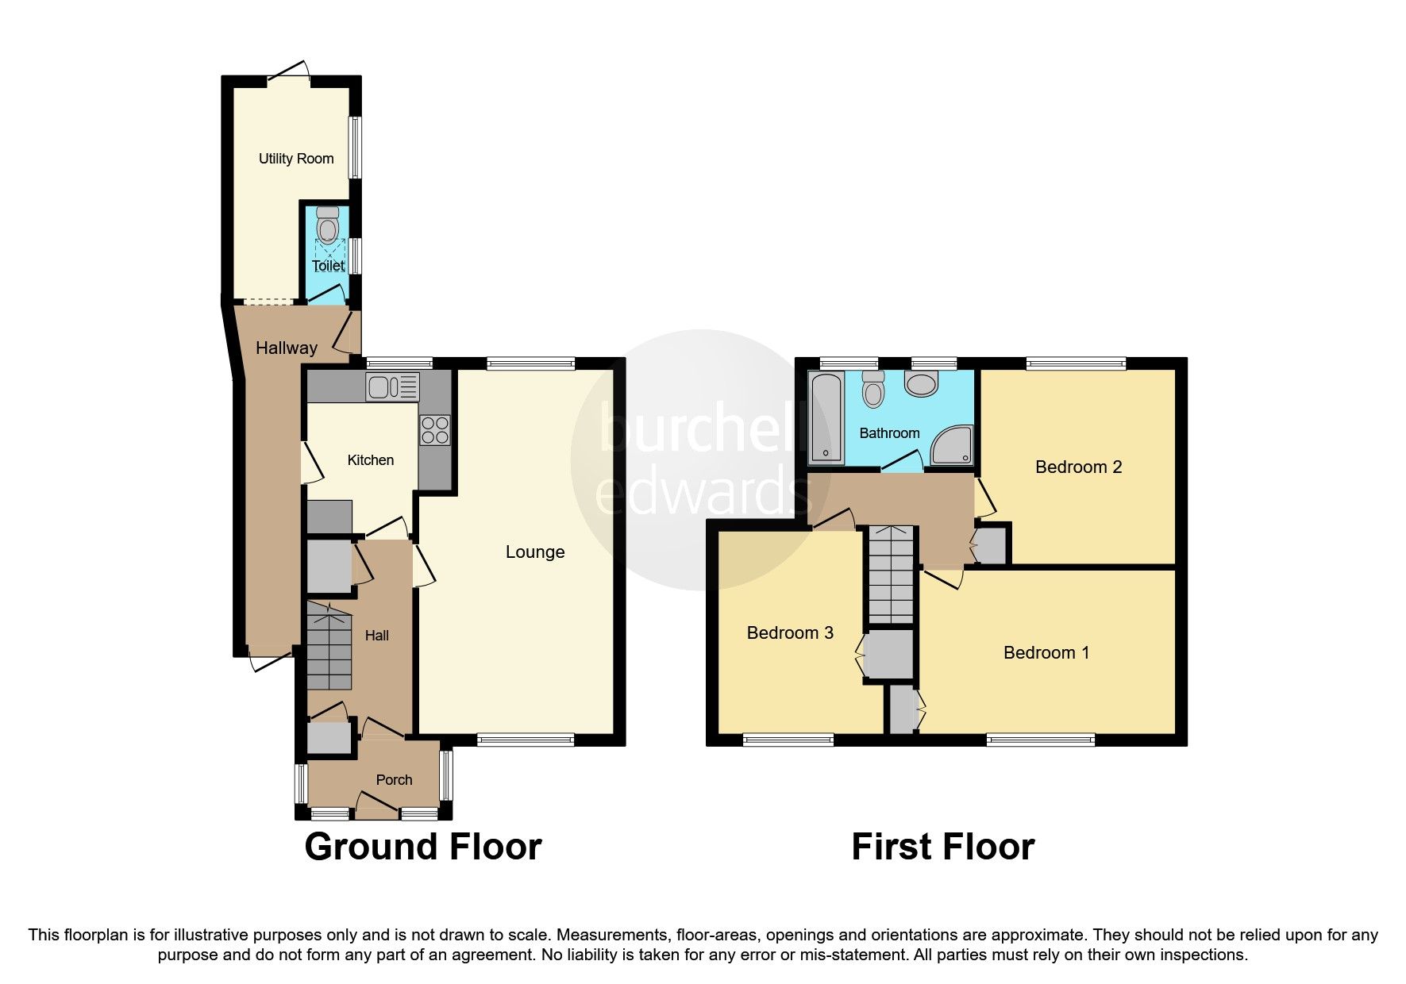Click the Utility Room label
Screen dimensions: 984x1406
click(x=296, y=159)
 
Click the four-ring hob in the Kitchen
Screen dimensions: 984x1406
click(x=435, y=431)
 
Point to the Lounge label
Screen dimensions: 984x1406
click(x=535, y=552)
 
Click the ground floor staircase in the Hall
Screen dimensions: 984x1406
click(x=329, y=647)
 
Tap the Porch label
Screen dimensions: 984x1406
click(x=394, y=780)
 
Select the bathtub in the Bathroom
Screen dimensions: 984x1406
click(x=826, y=419)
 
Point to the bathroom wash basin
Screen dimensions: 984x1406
click(x=920, y=386)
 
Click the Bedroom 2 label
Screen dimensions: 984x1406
click(x=1078, y=467)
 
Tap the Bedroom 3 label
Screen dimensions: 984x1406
click(x=790, y=633)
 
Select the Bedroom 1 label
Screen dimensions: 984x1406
click(x=1046, y=653)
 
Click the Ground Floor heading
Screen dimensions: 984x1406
click(x=422, y=847)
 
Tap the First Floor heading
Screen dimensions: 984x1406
click(x=942, y=847)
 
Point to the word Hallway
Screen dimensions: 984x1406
click(x=286, y=348)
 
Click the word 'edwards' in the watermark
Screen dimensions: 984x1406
click(x=691, y=493)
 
